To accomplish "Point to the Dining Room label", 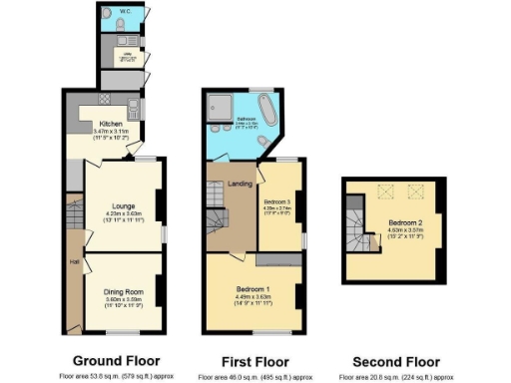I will pos(125,291).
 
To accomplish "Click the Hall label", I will pos(74,261).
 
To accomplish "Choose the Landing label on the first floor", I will pos(239,183).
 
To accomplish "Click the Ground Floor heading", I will pos(117,361).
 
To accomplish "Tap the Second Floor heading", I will pos(396,361).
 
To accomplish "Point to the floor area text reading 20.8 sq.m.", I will pos(396,377).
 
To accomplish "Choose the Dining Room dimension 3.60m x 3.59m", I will pos(125,298).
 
